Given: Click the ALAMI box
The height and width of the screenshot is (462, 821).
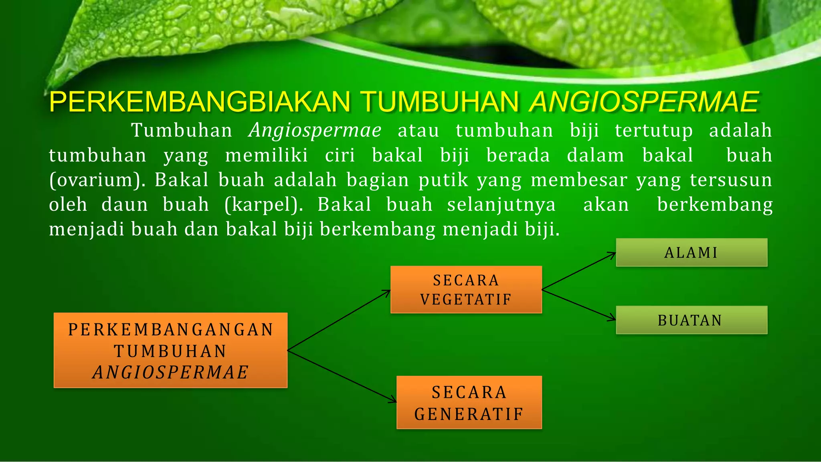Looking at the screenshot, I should tap(692, 252).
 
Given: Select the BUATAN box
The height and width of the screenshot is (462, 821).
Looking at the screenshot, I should tap(692, 320).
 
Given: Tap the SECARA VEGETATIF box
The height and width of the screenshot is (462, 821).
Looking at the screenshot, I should tap(466, 289).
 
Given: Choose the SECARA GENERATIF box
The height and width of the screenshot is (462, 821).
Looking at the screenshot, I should tap(469, 402).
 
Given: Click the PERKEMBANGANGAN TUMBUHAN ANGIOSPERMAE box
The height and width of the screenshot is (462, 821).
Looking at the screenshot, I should tap(170, 350).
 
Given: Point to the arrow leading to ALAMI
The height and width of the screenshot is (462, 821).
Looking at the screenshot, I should tap(578, 271).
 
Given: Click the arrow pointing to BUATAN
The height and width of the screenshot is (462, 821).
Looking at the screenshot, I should tap(578, 305).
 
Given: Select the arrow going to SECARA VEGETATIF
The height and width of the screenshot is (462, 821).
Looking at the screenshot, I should tap(339, 320).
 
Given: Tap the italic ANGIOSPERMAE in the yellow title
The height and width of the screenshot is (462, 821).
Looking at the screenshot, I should tap(644, 102).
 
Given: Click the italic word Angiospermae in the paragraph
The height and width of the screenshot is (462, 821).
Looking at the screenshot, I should tap(315, 131).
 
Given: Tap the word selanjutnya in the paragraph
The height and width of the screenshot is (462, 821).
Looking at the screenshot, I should tap(501, 205).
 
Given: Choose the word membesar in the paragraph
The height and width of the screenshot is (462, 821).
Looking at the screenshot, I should tap(578, 180).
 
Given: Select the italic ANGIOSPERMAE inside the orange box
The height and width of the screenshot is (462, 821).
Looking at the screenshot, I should tap(170, 372).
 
